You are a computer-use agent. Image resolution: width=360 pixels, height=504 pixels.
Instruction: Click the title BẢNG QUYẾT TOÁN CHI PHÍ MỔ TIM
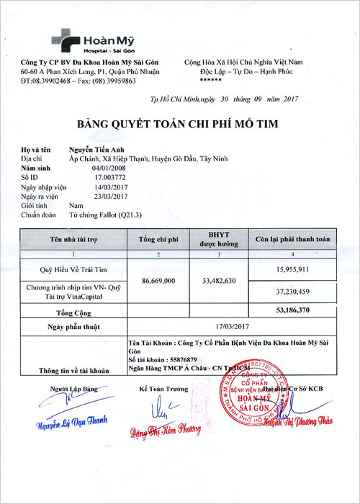pos(179,125)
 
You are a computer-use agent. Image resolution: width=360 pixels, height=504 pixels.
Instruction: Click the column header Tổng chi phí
pos(157,239)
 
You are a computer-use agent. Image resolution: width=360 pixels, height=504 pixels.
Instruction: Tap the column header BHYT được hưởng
pos(217,239)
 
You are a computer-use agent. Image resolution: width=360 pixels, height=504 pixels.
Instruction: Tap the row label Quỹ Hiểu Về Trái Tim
pos(73,269)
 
